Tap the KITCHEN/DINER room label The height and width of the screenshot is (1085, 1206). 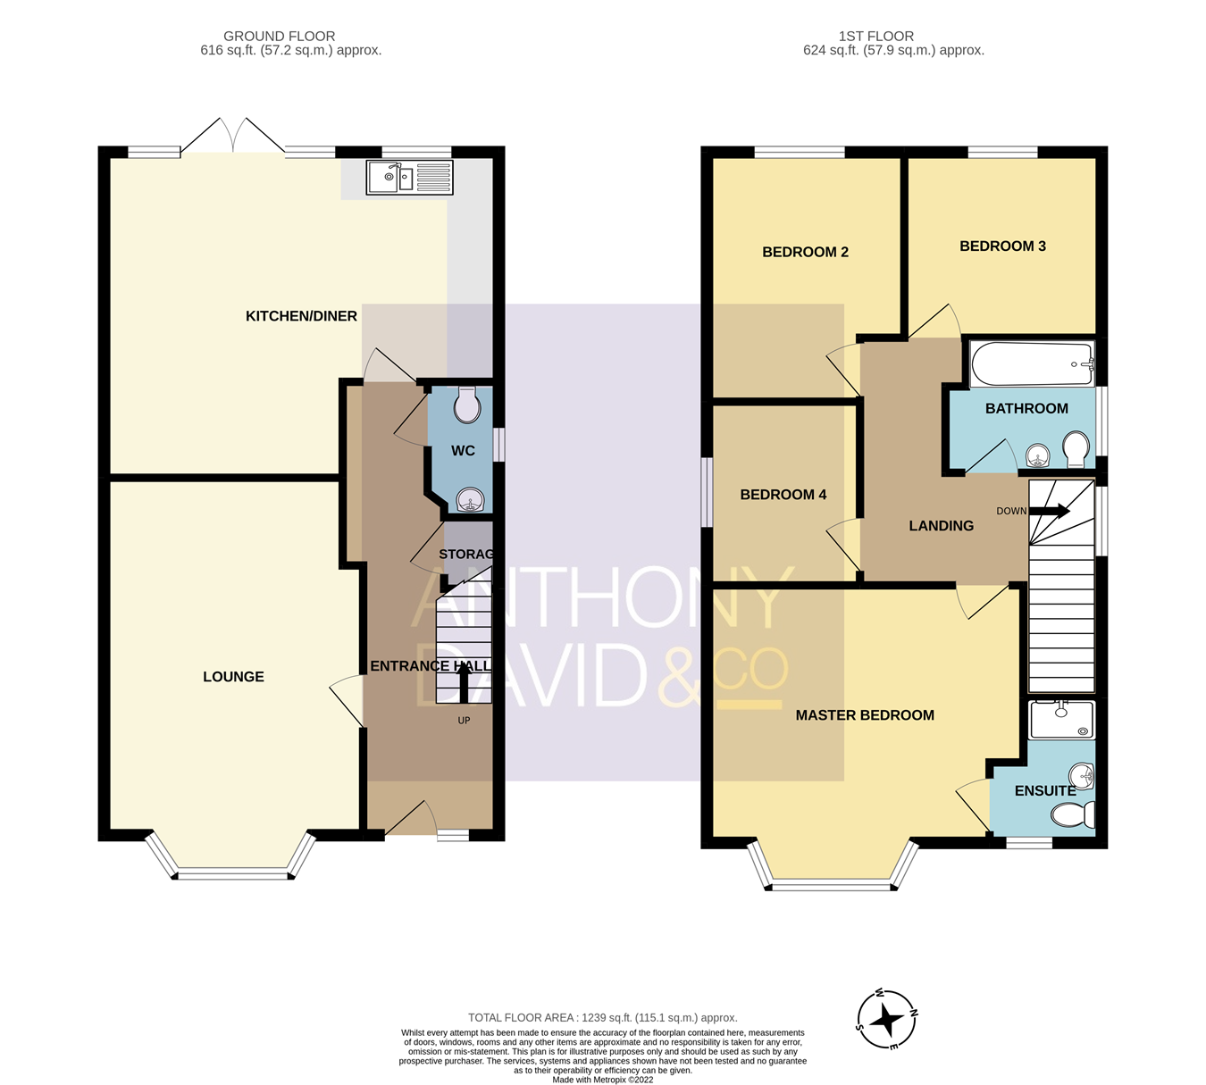[x=301, y=316]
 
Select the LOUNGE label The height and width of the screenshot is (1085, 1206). [x=233, y=677]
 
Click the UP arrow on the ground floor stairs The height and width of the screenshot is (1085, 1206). [x=464, y=686]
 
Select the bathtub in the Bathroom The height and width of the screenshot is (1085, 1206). [x=1032, y=364]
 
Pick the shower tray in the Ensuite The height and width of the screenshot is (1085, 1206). [x=1061, y=720]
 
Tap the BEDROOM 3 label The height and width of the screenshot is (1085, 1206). [x=1002, y=246]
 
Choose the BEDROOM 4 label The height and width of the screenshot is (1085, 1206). [x=783, y=495]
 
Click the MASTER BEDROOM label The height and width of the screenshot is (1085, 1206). [x=865, y=715]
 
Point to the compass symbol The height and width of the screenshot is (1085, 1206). [x=887, y=1020]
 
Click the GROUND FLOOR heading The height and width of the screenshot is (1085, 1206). [x=280, y=37]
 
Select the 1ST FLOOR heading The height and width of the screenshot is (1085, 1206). [x=875, y=37]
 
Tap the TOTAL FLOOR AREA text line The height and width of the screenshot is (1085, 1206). [x=603, y=1017]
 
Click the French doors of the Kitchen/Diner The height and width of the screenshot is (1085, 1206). [x=233, y=138]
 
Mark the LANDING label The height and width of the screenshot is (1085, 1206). [x=941, y=526]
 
